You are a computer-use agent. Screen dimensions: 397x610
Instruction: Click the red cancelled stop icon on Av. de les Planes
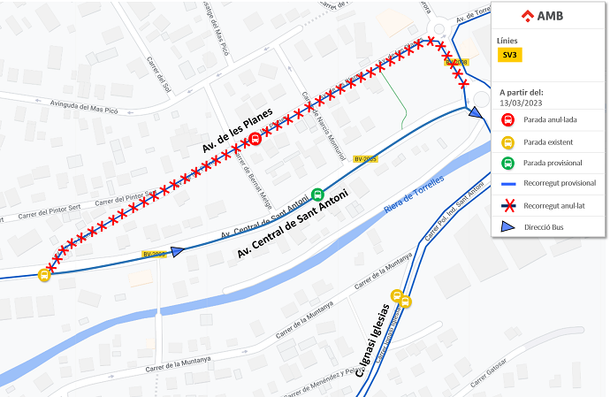(x=255, y=138)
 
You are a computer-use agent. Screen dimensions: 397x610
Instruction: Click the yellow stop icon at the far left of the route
(x=44, y=274)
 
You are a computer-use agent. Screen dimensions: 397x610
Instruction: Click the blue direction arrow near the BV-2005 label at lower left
(x=177, y=251)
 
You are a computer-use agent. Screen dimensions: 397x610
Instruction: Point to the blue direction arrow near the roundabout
(x=476, y=112)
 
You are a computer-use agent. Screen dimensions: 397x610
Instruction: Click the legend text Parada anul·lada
(x=550, y=119)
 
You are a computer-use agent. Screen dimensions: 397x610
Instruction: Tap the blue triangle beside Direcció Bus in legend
(x=507, y=227)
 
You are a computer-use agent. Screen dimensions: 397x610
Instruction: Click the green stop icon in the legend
(x=507, y=163)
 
